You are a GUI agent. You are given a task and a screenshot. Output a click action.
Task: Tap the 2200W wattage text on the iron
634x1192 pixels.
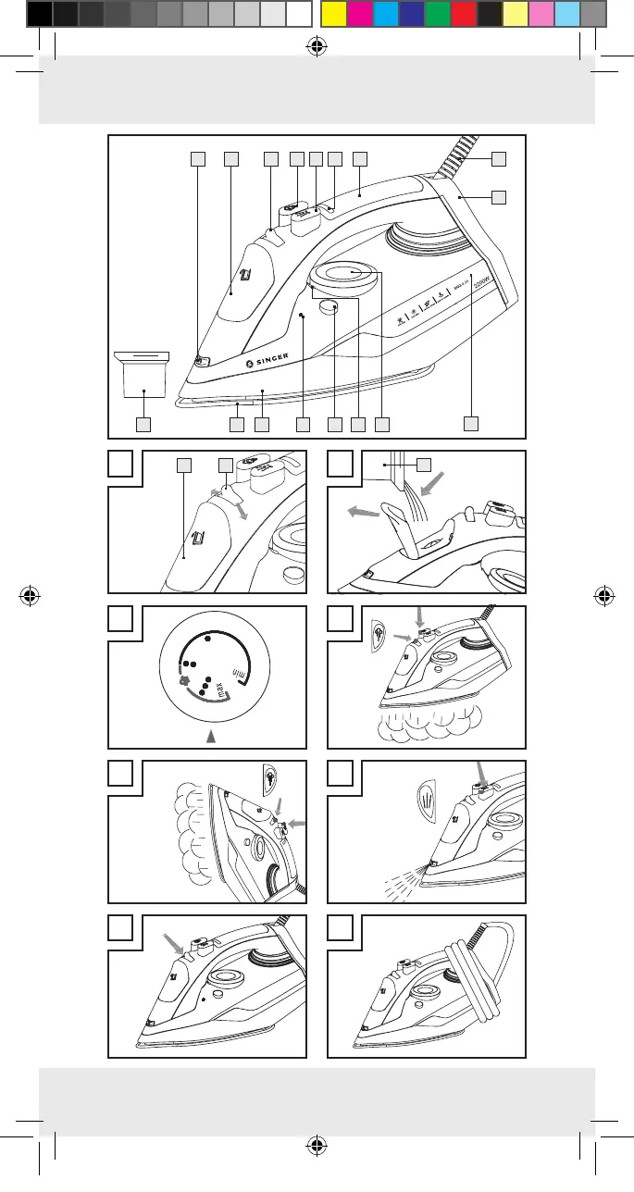pyautogui.click(x=480, y=293)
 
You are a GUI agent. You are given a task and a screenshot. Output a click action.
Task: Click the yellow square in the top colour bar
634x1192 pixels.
pyautogui.click(x=333, y=13)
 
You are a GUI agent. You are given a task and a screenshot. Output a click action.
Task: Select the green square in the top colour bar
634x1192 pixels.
pyautogui.click(x=437, y=13)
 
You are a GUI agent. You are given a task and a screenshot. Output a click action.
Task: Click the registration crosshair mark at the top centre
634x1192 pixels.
pyautogui.click(x=317, y=47)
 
